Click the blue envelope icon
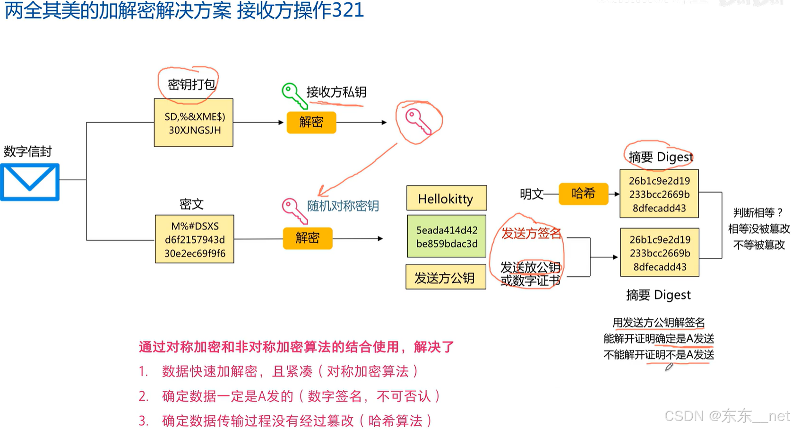pyautogui.click(x=30, y=182)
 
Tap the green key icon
pyautogui.click(x=293, y=95)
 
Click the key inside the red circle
pyautogui.click(x=418, y=122)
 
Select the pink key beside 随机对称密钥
pyautogui.click(x=294, y=210)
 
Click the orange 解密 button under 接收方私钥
pyautogui.click(x=311, y=123)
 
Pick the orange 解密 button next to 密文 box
pyautogui.click(x=308, y=238)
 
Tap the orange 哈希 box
pyautogui.click(x=583, y=193)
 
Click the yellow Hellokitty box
pyautogui.click(x=446, y=198)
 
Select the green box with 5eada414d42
pyautogui.click(x=447, y=237)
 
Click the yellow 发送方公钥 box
pyautogui.click(x=445, y=277)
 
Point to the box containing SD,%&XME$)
pyautogui.click(x=194, y=123)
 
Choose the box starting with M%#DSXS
pyautogui.click(x=195, y=239)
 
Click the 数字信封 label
pyautogui.click(x=27, y=151)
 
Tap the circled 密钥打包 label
pyautogui.click(x=191, y=85)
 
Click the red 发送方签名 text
pyautogui.click(x=531, y=233)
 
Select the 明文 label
pyautogui.click(x=531, y=194)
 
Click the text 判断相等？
pyautogui.click(x=758, y=212)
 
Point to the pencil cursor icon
pyautogui.click(x=669, y=367)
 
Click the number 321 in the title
pyautogui.click(x=348, y=10)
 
